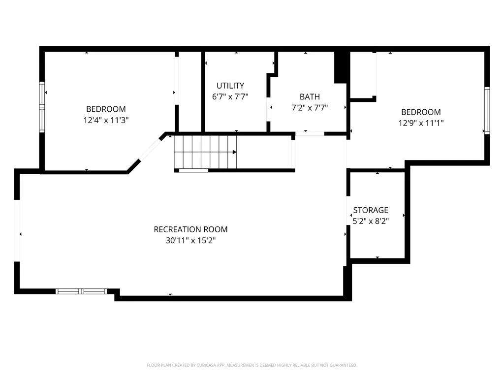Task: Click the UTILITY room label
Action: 230,86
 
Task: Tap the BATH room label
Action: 310,97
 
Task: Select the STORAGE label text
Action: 371,210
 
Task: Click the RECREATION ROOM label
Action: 190,229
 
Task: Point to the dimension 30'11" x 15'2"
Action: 190,240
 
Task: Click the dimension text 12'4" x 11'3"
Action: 106,120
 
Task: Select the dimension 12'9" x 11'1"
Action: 421,123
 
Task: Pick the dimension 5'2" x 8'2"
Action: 371,221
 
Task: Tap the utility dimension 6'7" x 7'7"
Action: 230,96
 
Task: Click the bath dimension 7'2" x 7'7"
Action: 310,108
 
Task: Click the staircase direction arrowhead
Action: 235,152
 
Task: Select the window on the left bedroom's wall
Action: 42,107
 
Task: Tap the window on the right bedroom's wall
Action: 487,111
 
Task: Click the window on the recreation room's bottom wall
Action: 81,291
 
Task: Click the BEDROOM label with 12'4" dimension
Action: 106,109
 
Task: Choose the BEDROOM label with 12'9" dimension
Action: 421,112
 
